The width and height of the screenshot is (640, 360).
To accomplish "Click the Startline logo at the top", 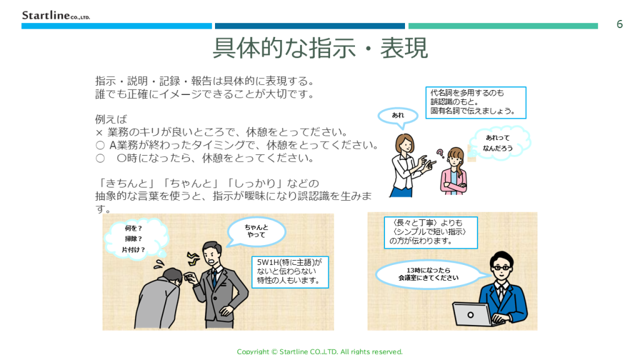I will pyautogui.click(x=56, y=15).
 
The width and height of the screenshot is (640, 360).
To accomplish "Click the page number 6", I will pyautogui.click(x=619, y=24).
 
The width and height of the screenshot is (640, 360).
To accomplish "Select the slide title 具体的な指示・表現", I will pyautogui.click(x=320, y=48).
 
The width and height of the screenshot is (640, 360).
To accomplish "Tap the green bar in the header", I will pyautogui.click(x=503, y=26).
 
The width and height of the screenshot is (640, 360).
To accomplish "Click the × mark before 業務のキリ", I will pyautogui.click(x=99, y=132).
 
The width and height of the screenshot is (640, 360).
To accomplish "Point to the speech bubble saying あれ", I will pyautogui.click(x=398, y=115).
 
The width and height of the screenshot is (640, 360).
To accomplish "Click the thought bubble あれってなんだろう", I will pyautogui.click(x=499, y=142).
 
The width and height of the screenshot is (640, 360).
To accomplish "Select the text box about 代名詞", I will pyautogui.click(x=476, y=102).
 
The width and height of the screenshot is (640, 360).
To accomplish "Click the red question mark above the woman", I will pyautogui.click(x=439, y=152).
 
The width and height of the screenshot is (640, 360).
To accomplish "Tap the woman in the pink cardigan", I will pyautogui.click(x=453, y=173).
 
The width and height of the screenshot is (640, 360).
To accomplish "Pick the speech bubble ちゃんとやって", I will pyautogui.click(x=256, y=231).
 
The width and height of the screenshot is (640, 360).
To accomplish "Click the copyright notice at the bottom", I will pyautogui.click(x=319, y=352).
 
